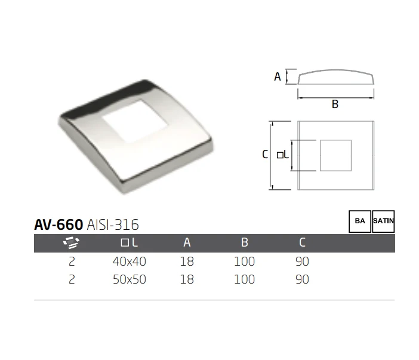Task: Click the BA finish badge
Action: [360, 221]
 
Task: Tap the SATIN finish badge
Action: [383, 221]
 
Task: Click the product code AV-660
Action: [58, 224]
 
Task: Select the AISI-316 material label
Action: [113, 224]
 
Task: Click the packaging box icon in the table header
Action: [72, 242]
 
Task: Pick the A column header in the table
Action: [187, 242]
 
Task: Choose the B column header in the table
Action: [245, 242]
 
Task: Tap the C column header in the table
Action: [302, 242]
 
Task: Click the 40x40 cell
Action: [130, 261]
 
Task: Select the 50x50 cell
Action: [130, 279]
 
